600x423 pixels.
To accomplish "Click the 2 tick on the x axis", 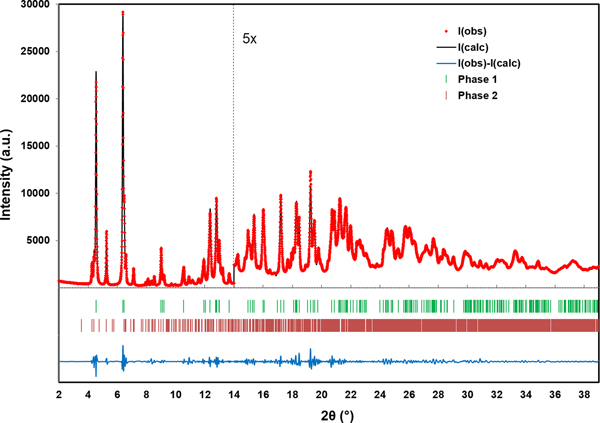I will coord(59,397).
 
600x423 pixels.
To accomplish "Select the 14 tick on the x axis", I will coord(234,397).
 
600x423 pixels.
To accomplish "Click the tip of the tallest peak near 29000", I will coord(123,13).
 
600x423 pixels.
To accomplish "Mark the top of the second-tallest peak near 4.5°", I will coord(96,73).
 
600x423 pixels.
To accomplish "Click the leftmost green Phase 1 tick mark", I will coord(95,306).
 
